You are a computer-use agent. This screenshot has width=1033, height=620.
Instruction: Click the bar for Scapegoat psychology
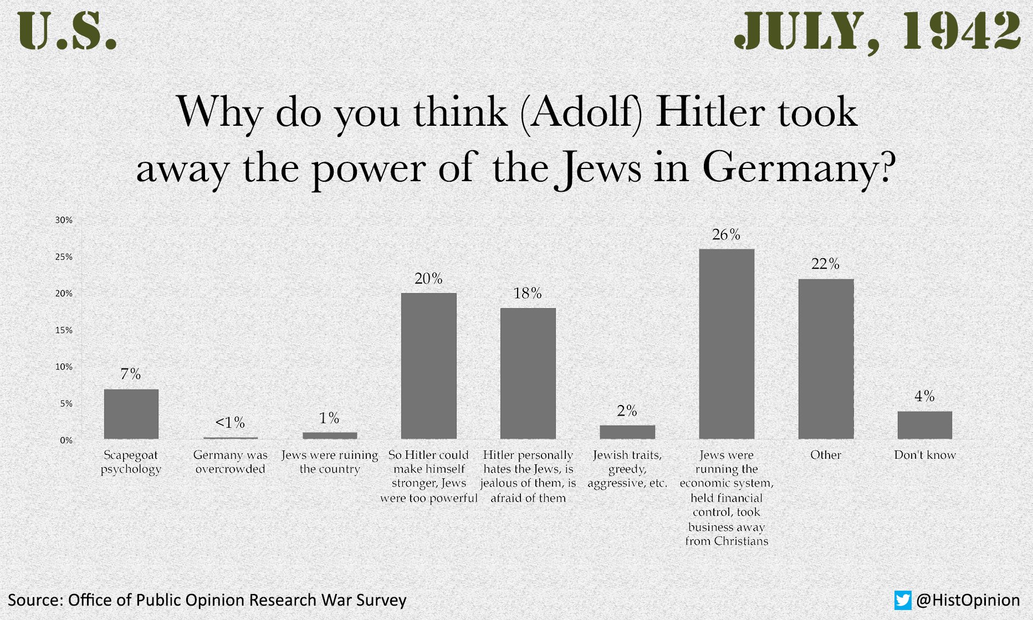click(131, 414)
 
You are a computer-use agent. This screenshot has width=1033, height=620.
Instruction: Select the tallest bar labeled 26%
click(727, 344)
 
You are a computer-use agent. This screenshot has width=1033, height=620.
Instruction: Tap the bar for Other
click(826, 358)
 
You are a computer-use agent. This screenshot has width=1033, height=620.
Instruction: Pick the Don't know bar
click(924, 425)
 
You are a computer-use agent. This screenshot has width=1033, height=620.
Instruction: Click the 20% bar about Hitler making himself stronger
click(429, 366)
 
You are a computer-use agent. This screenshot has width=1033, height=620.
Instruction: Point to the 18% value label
click(528, 293)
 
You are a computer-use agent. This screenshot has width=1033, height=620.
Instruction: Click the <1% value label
click(230, 423)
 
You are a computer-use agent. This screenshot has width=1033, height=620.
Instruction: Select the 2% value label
click(627, 411)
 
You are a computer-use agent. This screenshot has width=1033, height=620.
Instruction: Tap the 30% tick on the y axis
click(64, 220)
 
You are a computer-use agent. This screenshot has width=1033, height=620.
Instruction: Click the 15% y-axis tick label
click(64, 330)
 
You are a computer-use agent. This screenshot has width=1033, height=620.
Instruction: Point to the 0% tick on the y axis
click(66, 440)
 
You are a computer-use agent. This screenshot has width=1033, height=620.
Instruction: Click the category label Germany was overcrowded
click(230, 462)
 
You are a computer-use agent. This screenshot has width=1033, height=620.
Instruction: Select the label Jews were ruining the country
click(330, 462)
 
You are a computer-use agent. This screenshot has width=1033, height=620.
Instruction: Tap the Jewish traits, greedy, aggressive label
click(627, 469)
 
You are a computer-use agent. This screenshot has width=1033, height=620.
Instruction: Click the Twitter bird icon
click(903, 600)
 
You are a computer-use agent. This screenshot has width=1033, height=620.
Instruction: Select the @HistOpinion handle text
click(968, 600)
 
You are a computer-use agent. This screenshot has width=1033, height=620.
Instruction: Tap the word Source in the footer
click(34, 600)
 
